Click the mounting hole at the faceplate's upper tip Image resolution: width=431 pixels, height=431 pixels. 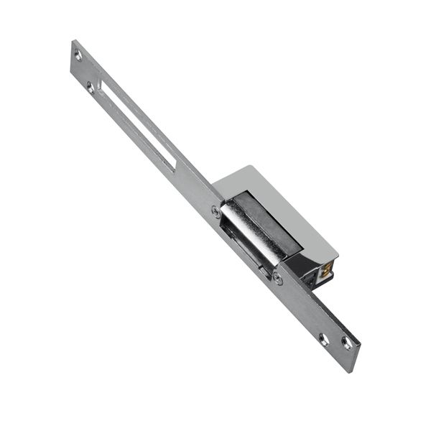click(x=78, y=55)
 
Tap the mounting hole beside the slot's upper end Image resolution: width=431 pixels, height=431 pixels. click(x=91, y=88)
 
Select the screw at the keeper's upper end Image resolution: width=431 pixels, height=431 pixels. click(x=216, y=211)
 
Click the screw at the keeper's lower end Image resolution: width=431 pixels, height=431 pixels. click(x=277, y=279)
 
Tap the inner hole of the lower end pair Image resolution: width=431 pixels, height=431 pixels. click(x=324, y=338)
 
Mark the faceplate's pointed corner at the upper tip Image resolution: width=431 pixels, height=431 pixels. click(x=74, y=41)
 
